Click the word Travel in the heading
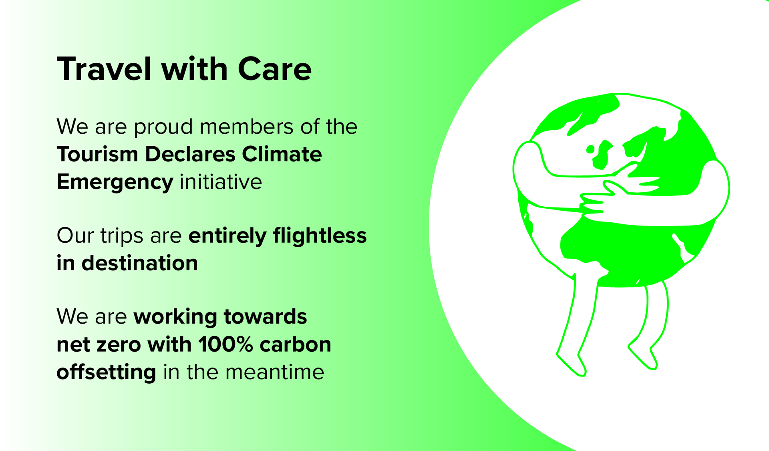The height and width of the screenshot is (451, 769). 105,69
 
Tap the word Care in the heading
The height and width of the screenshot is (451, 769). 275,69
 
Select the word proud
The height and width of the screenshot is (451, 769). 163,128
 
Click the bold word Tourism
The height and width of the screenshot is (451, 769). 97,154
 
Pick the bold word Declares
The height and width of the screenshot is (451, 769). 190,154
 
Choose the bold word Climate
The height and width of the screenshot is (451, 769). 282,154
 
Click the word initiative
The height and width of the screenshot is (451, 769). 221,182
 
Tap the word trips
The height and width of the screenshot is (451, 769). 122,236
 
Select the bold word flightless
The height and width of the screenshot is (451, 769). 320,236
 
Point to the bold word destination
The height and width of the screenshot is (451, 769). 140,263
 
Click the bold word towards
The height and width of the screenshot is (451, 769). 266,317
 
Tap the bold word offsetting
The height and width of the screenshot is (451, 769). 107,372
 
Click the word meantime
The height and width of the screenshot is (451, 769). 275,372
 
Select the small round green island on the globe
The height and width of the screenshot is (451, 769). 590,149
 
